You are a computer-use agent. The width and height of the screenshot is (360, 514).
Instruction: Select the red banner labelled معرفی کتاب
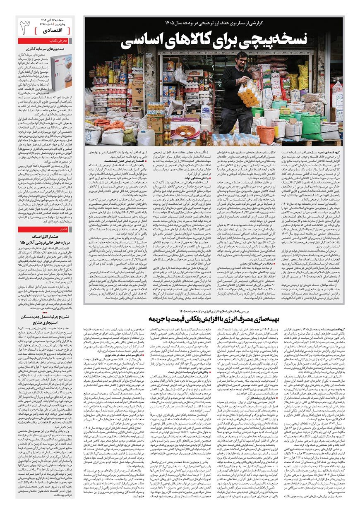[46, 41]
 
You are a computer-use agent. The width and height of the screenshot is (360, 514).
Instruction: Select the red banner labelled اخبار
[46, 229]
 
